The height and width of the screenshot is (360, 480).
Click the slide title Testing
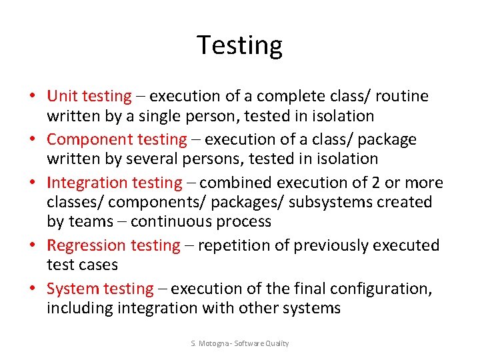click(x=240, y=45)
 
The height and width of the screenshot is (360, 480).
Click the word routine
click(x=402, y=96)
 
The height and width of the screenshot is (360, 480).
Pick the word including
click(x=80, y=308)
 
